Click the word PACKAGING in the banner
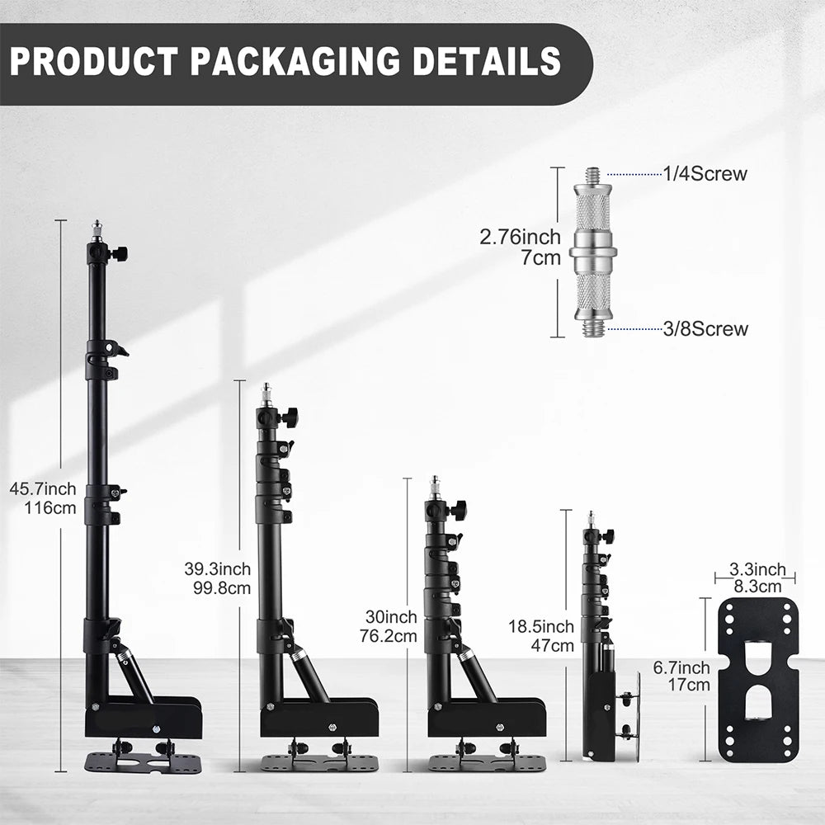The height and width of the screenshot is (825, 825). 295,61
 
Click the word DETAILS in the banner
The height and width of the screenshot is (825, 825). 487,61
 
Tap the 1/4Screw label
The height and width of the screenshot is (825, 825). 705,174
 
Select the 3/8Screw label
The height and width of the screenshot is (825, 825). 705,329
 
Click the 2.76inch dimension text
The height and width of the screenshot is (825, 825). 520,238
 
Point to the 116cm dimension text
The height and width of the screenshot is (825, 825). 50,507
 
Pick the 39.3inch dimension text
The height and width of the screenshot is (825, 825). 217,568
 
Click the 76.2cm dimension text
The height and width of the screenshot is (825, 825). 389,635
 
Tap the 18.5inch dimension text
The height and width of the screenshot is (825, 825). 541,626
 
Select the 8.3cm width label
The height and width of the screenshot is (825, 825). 757,586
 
